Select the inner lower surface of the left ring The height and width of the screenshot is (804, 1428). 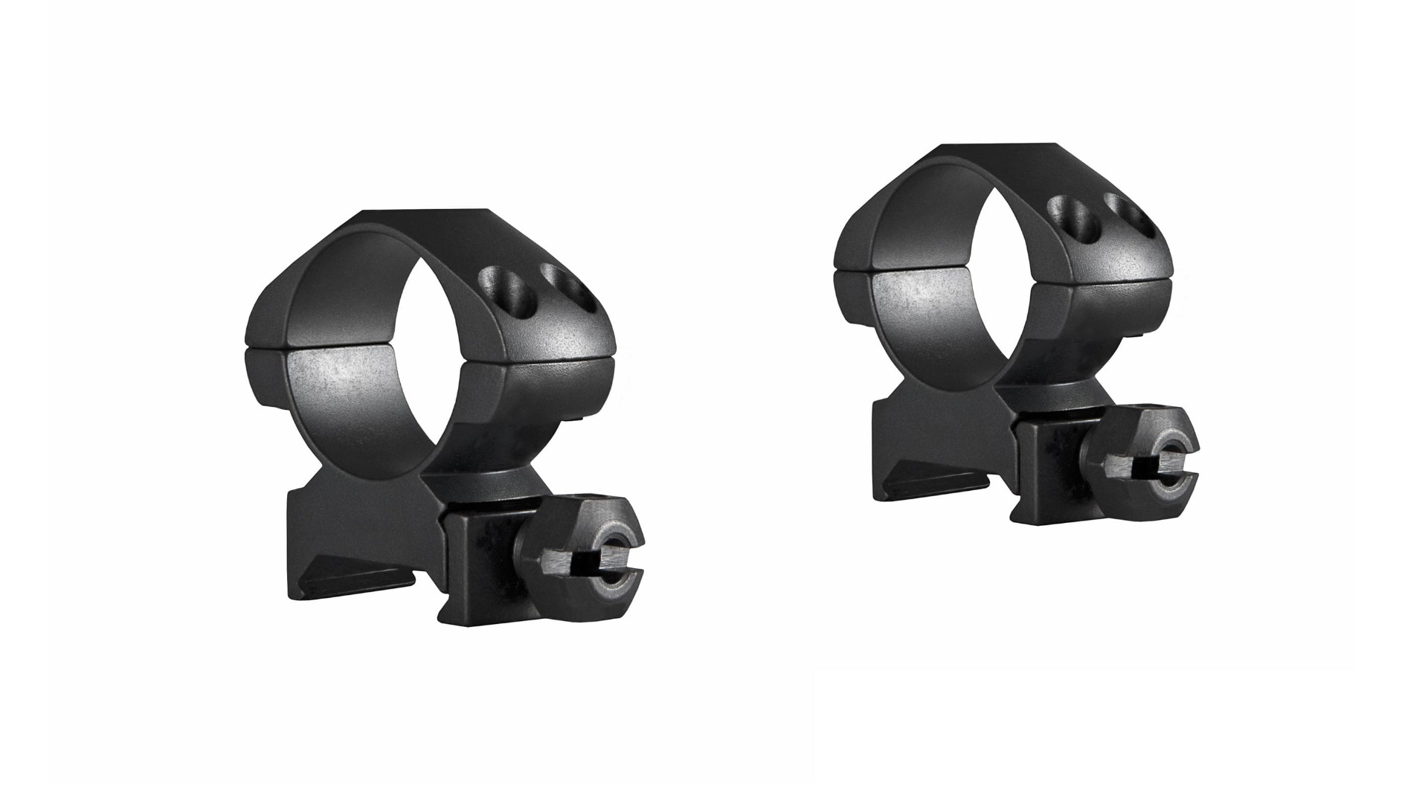tap(350, 394)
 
